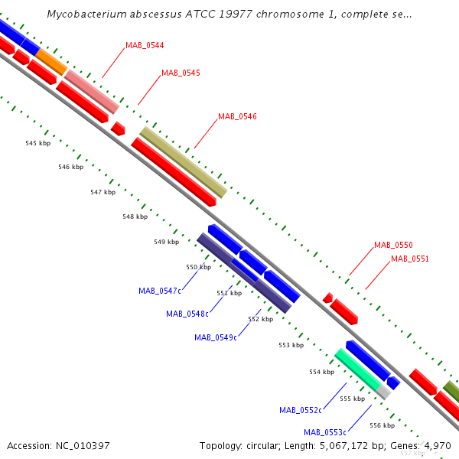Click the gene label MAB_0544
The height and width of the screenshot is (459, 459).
tap(145, 45)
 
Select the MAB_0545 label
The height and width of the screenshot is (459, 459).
tap(181, 73)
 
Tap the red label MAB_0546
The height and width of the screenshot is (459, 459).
tap(237, 116)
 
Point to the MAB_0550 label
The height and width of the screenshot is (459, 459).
tap(393, 245)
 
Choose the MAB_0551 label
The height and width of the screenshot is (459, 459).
tap(410, 259)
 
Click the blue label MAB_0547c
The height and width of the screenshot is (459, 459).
tap(160, 291)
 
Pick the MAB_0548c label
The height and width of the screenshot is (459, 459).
tap(187, 314)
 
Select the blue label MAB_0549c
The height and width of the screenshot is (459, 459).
tap(216, 338)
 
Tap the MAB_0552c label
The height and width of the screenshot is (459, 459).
tap(301, 410)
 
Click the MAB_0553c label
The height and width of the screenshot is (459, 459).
tap(325, 432)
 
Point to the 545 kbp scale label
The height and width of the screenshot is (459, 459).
tap(38, 143)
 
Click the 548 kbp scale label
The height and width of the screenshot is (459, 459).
tap(135, 216)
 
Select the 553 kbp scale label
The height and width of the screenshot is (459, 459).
tap(291, 345)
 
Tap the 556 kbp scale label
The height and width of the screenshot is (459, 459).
tap(382, 425)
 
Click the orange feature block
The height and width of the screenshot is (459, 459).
tap(51, 62)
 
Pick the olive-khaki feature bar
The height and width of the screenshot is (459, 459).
tap(184, 162)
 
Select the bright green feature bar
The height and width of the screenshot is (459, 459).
tap(358, 369)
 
